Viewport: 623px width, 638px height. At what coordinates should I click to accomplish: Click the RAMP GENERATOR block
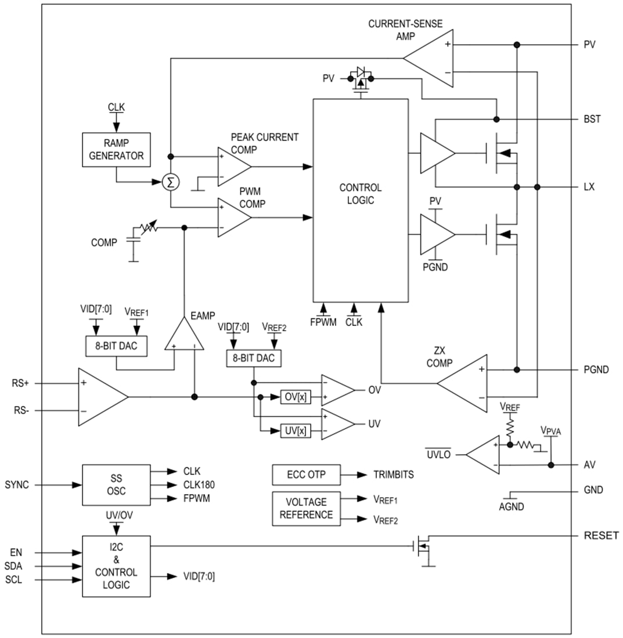[x=116, y=150]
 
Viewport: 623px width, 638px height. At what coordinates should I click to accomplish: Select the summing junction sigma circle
[x=170, y=183]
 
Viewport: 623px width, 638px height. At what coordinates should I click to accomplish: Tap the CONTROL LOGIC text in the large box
[x=361, y=194]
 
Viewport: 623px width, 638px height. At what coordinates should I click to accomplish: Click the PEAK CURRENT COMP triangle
[x=232, y=166]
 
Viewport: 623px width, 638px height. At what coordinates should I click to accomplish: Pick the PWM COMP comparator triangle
[x=232, y=217]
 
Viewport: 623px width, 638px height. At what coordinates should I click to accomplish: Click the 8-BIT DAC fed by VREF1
[x=116, y=346]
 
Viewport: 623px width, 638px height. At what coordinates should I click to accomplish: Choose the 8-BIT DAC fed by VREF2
[x=254, y=358]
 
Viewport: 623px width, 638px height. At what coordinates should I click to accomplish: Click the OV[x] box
[x=295, y=397]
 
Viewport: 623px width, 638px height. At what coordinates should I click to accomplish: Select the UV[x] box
[x=295, y=431]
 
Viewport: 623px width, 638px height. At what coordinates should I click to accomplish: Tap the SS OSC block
[x=116, y=485]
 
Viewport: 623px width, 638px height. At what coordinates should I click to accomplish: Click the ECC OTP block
[x=306, y=474]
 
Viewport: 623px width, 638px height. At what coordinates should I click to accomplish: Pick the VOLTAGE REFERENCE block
[x=306, y=508]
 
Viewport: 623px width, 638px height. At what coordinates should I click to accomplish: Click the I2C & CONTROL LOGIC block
[x=116, y=565]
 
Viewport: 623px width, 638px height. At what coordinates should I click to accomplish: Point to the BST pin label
[x=592, y=119]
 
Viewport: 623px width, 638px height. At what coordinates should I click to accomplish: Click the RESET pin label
[x=601, y=535]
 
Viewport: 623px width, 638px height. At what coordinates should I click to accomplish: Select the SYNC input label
[x=17, y=485]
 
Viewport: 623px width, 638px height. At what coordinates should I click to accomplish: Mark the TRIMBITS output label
[x=394, y=474]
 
